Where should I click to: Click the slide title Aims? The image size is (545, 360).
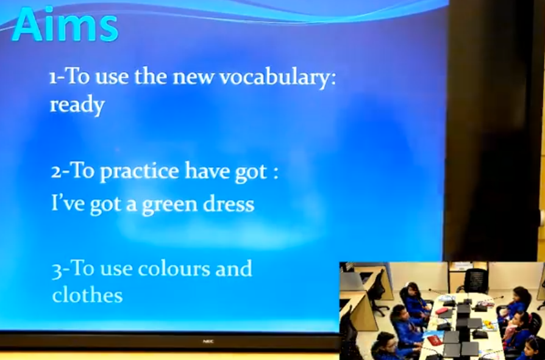coord(65,24)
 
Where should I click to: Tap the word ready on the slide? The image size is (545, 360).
coord(77,105)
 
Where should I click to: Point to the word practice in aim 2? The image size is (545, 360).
coord(140,171)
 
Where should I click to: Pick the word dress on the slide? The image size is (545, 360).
coord(229,203)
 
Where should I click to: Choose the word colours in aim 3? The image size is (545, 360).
coord(174,269)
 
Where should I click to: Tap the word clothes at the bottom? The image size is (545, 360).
coord(88,294)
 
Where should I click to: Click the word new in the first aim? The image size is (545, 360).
coord(193,77)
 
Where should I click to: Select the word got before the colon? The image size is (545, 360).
coord(251,172)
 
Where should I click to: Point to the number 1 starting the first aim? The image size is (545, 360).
coord(53,78)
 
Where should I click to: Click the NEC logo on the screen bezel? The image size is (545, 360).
coord(208,342)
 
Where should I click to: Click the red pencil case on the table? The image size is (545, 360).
coord(442,311)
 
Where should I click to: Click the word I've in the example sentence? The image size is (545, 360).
coord(68,203)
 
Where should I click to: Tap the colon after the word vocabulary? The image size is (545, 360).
coord(333,79)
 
